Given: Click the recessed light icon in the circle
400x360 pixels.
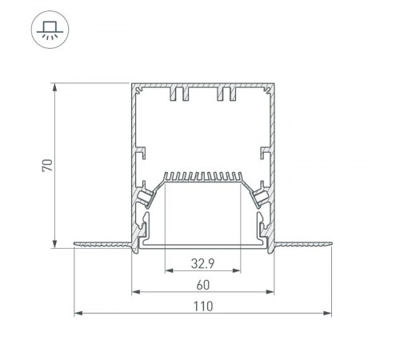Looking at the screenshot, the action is pos(50,30).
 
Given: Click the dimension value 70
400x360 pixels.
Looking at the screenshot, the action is pos(47,166).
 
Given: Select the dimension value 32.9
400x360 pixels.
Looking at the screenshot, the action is pos(202,264).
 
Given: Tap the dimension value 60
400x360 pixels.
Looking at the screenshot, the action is pos(203,285).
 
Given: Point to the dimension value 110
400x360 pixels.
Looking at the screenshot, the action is pos(203,306).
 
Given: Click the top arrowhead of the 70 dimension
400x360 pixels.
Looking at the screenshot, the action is pos(54,87).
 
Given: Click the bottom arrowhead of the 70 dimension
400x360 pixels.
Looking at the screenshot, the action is pos(54,244).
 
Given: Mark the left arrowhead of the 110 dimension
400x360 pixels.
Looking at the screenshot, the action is pos(78,313).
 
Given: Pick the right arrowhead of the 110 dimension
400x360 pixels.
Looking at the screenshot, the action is pos(327,313).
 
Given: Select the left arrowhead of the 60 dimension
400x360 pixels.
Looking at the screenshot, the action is pos(136,292).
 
